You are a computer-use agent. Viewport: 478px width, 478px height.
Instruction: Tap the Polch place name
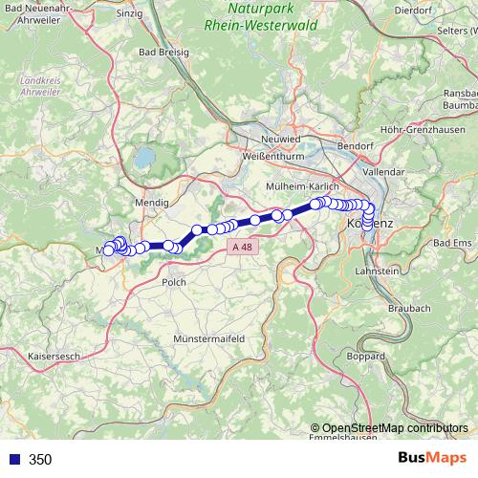pyautogui.click(x=174, y=282)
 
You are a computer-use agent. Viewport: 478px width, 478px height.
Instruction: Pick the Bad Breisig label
pyautogui.click(x=162, y=53)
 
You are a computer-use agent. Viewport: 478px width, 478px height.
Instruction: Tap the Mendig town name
pyautogui.click(x=152, y=203)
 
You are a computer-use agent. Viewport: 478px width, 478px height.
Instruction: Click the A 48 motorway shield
pyautogui.click(x=244, y=247)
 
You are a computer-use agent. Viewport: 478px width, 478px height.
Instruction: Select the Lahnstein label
pyautogui.click(x=377, y=272)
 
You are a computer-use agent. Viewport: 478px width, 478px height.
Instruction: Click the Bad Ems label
pyautogui.click(x=453, y=245)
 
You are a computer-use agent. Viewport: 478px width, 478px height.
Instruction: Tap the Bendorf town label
pyautogui.click(x=356, y=146)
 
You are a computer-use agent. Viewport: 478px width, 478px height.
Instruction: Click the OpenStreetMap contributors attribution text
pyautogui.click(x=391, y=427)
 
